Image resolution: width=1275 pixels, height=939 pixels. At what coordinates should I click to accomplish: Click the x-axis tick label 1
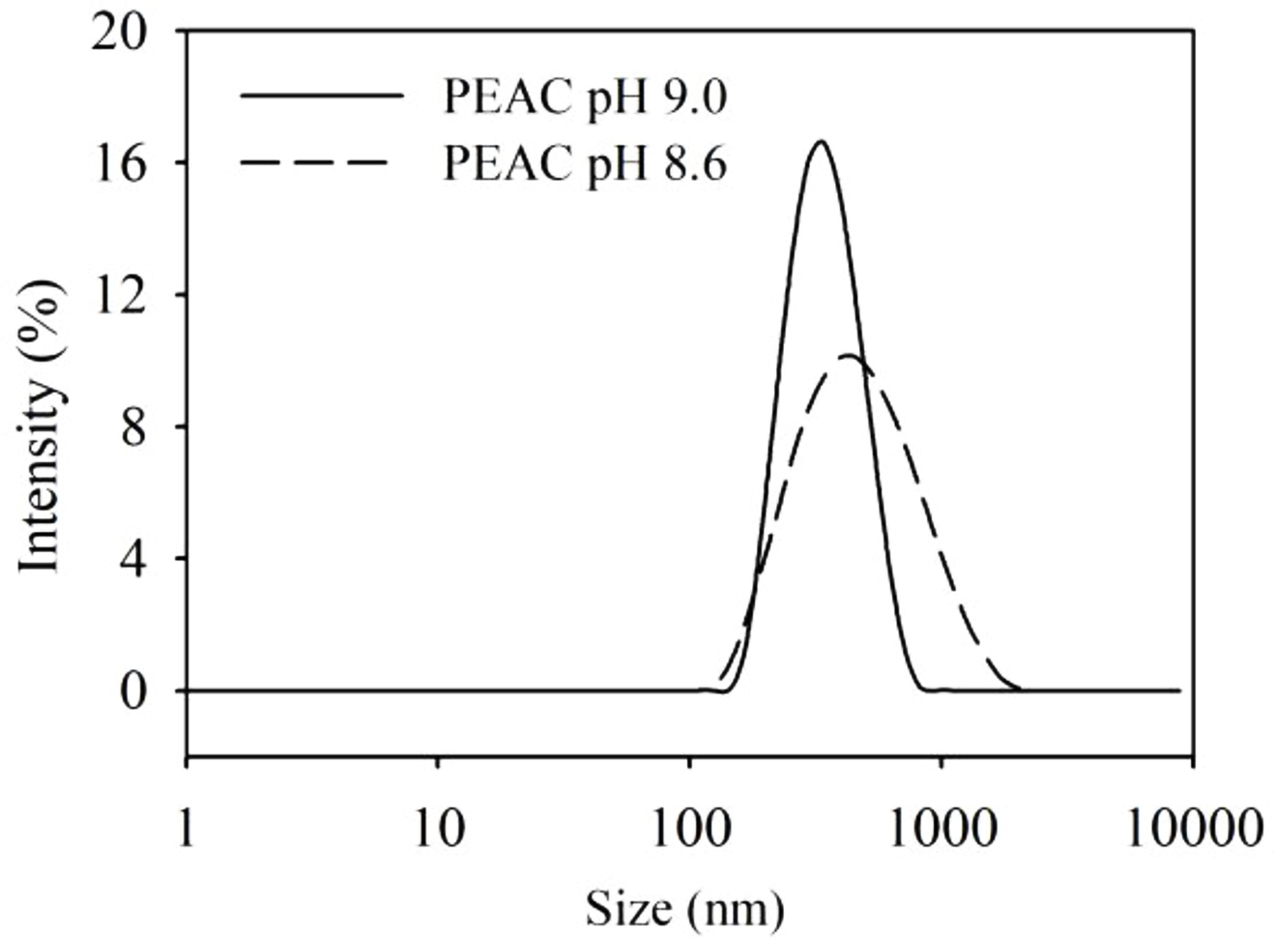[186, 829]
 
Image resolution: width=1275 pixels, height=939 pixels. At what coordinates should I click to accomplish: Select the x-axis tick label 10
[438, 829]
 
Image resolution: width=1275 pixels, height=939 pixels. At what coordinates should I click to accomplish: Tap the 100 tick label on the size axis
[689, 829]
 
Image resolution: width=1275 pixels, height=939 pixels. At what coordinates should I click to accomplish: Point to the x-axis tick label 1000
[942, 829]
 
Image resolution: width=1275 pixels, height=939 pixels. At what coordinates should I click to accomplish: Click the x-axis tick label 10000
[1193, 829]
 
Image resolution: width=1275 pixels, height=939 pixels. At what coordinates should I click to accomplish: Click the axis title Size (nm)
[685, 908]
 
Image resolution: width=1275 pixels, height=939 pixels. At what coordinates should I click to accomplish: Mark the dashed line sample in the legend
[320, 161]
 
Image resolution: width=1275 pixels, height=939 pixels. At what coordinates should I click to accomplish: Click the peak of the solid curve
[822, 142]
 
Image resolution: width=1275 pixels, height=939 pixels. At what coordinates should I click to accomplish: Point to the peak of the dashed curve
[848, 356]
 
